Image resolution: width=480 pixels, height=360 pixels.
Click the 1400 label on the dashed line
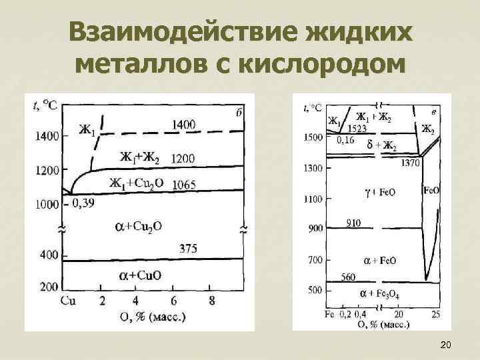(183, 124)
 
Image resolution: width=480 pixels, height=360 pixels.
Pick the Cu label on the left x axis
(68, 300)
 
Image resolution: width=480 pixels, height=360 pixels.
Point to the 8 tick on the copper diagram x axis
(212, 300)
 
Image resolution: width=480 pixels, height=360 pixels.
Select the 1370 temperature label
(410, 163)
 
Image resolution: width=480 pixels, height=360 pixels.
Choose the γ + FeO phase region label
(379, 192)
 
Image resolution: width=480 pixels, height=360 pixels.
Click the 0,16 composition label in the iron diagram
(345, 140)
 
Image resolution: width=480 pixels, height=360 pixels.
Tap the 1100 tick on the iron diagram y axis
(313, 199)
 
